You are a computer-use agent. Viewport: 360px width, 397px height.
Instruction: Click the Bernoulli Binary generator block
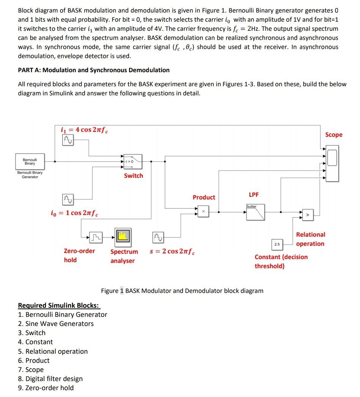pyautogui.click(x=30, y=161)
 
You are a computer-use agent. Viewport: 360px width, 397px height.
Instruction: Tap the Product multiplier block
pyautogui.click(x=203, y=211)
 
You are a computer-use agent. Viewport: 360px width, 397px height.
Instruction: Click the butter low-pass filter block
pyautogui.click(x=256, y=212)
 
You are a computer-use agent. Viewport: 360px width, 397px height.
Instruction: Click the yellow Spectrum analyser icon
pyautogui.click(x=122, y=236)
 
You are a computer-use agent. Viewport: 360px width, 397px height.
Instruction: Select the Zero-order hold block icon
pyautogui.click(x=96, y=238)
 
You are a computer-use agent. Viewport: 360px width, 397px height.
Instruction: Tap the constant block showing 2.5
pyautogui.click(x=276, y=244)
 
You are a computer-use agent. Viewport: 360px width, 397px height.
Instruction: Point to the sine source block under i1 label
pyautogui.click(x=67, y=141)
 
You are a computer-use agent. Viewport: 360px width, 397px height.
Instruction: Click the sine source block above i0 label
pyautogui.click(x=67, y=199)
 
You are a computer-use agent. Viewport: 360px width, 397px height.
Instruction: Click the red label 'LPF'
pyautogui.click(x=254, y=195)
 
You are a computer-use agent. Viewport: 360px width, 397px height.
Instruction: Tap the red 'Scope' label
pyautogui.click(x=333, y=135)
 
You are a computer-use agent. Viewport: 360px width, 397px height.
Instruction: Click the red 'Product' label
pyautogui.click(x=204, y=197)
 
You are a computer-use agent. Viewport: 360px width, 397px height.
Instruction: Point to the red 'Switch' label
pyautogui.click(x=133, y=176)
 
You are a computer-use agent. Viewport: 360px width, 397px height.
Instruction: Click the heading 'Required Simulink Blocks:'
pyautogui.click(x=59, y=305)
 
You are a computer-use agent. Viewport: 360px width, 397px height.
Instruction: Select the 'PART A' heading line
pyautogui.click(x=94, y=70)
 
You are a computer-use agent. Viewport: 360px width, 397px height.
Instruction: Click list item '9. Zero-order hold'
pyautogui.click(x=46, y=388)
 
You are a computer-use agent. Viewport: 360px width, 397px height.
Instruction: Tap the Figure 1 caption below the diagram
pyautogui.click(x=182, y=291)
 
